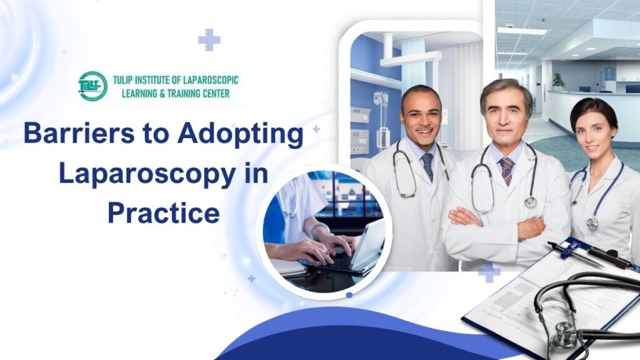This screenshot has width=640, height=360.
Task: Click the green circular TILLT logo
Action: (92, 86)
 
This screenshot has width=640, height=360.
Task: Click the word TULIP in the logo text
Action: (129, 80)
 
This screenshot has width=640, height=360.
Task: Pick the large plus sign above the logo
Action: (209, 40)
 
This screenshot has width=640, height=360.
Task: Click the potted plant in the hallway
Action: (558, 80)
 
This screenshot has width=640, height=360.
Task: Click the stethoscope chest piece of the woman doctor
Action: (592, 222)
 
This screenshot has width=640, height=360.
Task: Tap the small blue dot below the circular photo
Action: (349, 294)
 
